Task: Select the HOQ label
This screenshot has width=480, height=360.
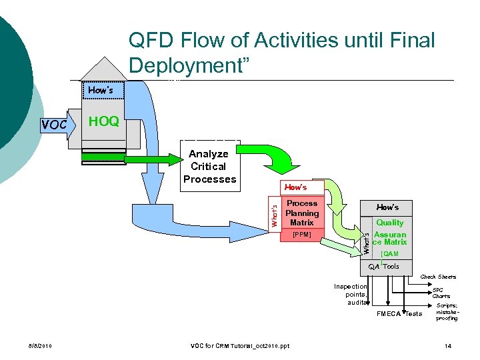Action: pos(104,121)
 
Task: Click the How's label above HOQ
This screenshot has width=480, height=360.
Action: pos(100,89)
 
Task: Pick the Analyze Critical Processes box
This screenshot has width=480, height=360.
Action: pos(209,167)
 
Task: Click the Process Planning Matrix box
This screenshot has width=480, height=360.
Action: pos(301,213)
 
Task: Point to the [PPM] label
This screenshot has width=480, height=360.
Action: pos(301,235)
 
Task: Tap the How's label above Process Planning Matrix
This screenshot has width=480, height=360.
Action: pos(295,187)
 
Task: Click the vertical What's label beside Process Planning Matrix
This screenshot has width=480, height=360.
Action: pos(274,213)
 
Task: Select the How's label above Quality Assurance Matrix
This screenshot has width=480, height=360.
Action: pos(387,207)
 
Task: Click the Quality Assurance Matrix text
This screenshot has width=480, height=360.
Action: pos(389,233)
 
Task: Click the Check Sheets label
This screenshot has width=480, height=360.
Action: pos(438,277)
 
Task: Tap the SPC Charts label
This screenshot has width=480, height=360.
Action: pos(441,293)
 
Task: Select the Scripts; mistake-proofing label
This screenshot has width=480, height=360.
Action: pos(446,311)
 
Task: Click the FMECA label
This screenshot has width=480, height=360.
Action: pos(389,314)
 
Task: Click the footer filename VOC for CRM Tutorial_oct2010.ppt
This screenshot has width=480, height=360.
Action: pos(240,346)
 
